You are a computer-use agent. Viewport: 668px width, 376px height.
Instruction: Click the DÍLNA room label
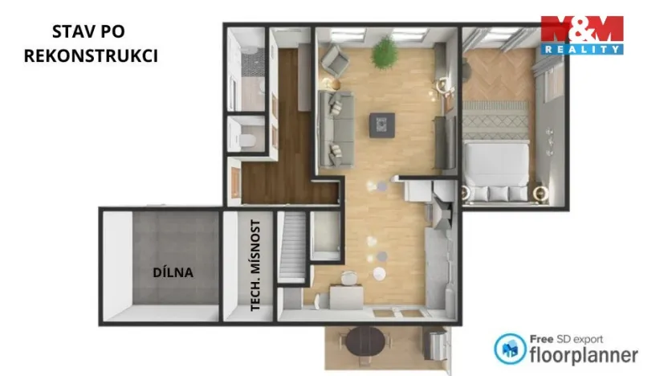173,272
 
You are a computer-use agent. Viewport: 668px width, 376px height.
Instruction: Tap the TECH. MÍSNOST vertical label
256,265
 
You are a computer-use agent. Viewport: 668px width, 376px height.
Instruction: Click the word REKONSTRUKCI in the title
89,55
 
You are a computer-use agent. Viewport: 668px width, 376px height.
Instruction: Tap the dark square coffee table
381,125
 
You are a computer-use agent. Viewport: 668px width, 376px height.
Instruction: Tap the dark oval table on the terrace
368,344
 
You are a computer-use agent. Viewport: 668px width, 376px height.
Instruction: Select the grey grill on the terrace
437,345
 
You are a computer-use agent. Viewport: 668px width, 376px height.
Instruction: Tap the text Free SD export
566,338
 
